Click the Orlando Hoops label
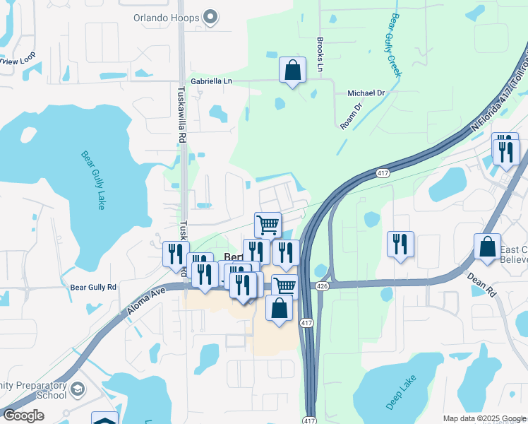[x=166, y=17]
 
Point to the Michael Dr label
[x=366, y=93]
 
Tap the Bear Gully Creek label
[x=395, y=45]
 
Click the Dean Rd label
[x=481, y=284]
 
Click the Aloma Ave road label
[x=145, y=300]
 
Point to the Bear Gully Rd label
[x=93, y=288]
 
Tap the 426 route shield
[x=322, y=285]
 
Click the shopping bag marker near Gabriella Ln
[x=292, y=71]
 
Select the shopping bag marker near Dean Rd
[x=487, y=247]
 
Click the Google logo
[x=23, y=416]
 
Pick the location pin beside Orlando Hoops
[x=210, y=17]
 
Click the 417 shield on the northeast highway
[x=383, y=173]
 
